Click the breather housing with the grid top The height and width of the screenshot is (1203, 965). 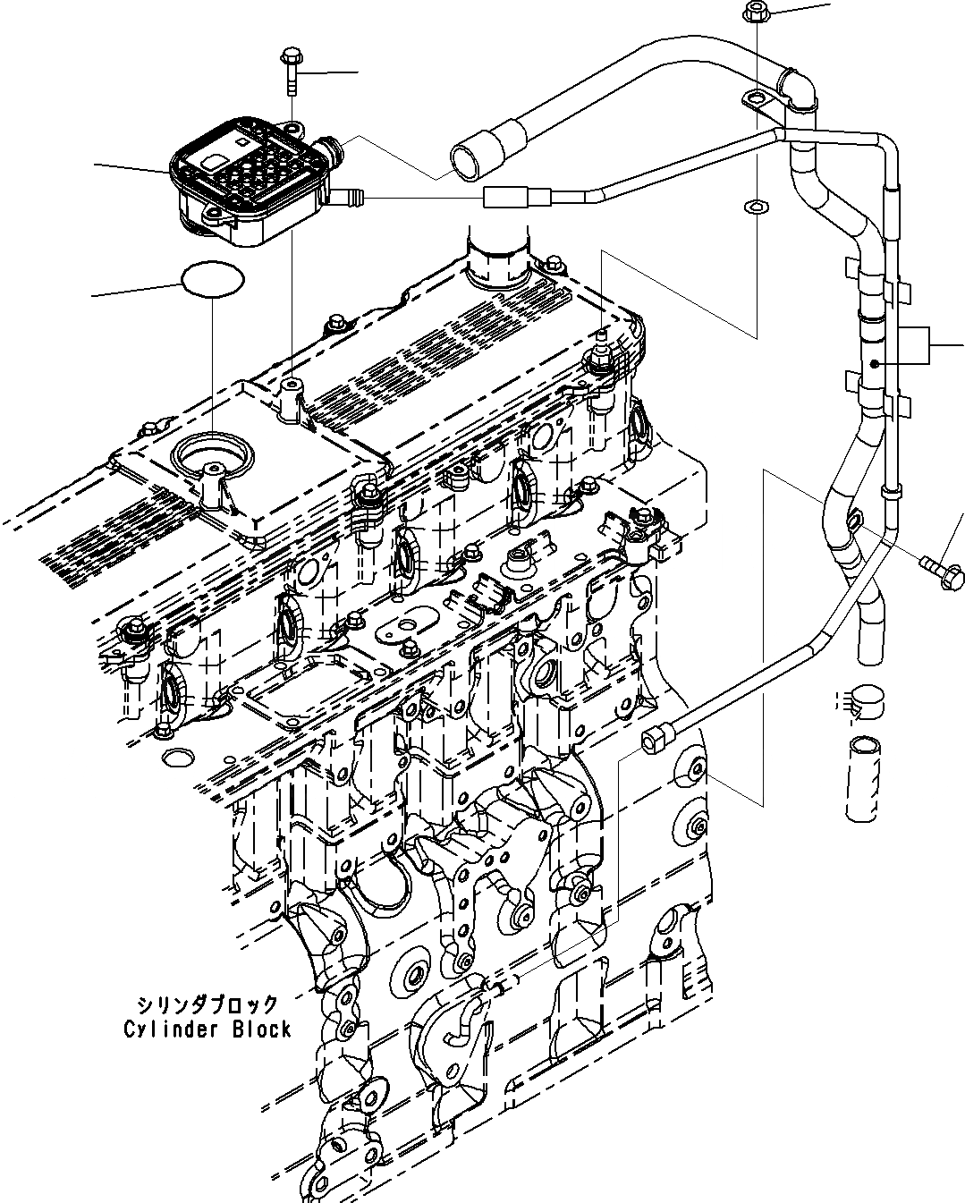click(x=241, y=183)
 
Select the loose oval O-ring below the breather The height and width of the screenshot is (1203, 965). click(x=213, y=279)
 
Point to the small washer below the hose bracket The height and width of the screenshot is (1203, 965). click(x=756, y=208)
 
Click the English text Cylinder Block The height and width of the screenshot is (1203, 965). click(x=207, y=1029)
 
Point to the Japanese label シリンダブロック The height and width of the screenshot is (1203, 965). click(x=207, y=1004)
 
